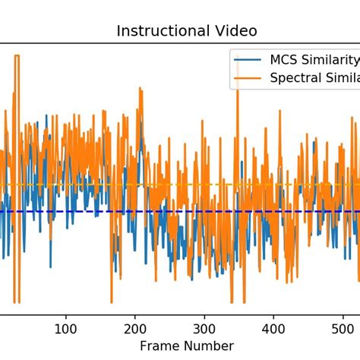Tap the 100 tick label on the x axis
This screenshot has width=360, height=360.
click(66, 329)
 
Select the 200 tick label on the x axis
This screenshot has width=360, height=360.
click(135, 329)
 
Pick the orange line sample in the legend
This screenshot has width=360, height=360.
click(248, 77)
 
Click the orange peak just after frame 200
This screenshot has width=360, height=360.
click(141, 90)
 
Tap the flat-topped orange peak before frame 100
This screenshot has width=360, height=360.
click(16, 55)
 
